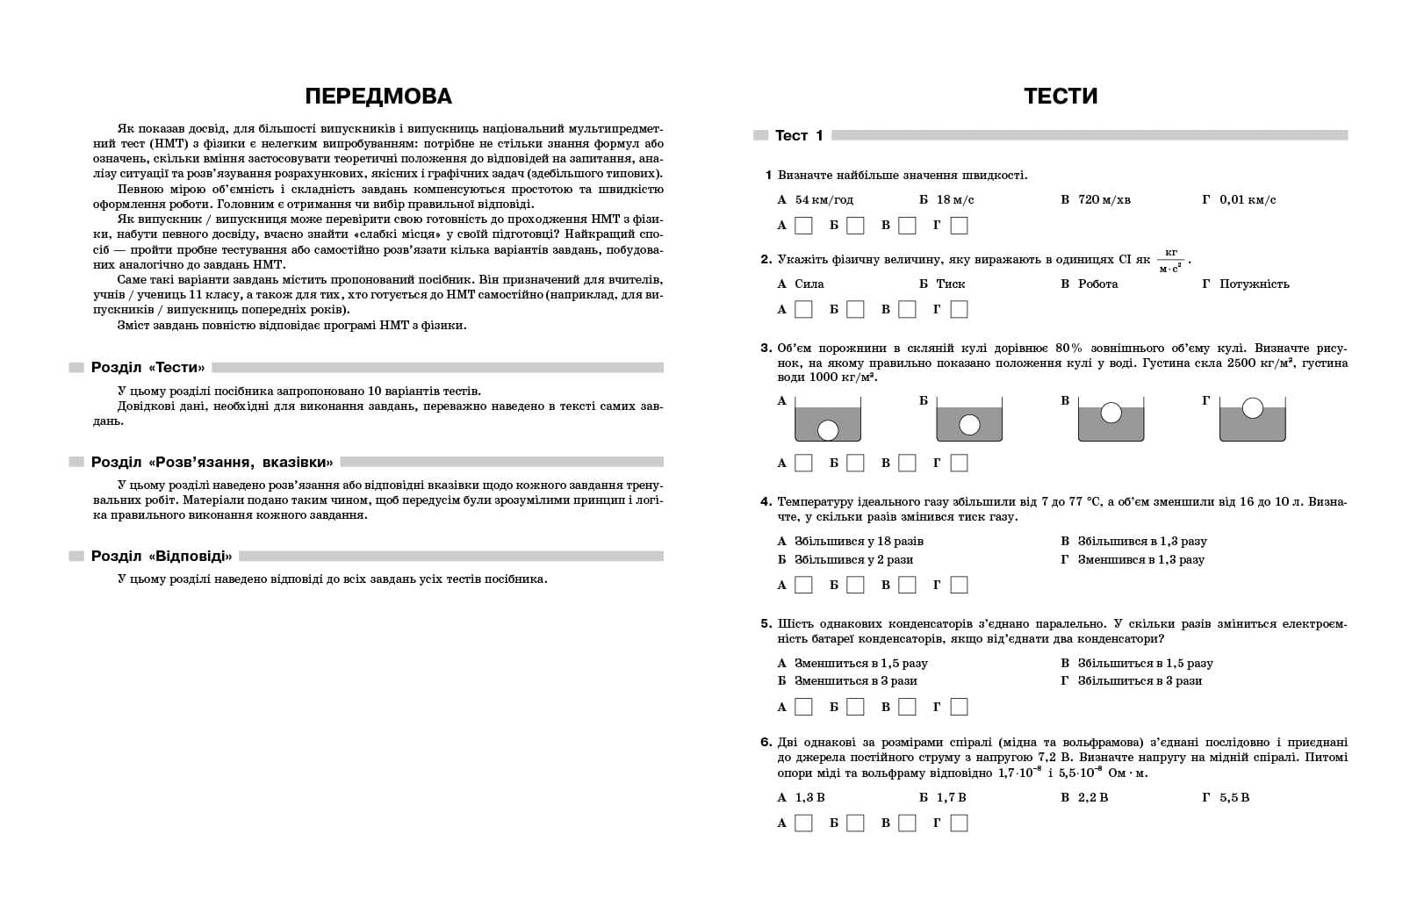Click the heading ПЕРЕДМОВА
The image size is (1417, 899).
pos(378,96)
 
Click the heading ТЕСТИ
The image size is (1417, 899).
pos(1061,96)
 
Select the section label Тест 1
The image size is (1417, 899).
pos(799,135)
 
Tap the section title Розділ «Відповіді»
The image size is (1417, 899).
pos(162,556)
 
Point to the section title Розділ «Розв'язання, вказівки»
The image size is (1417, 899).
pos(212,462)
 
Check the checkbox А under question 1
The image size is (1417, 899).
pos(803,226)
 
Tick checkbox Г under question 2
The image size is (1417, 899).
pos(959,309)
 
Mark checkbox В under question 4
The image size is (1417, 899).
pos(907,585)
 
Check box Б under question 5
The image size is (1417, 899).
pos(855,707)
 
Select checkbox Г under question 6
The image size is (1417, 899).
pos(959,823)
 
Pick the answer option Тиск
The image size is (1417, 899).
pos(951,284)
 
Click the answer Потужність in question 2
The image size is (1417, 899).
pos(1254,284)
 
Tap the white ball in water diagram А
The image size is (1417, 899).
pos(828,429)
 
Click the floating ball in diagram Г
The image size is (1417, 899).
pos(1253,408)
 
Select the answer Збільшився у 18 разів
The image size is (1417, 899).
pos(859,541)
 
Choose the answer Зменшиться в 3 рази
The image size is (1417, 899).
pos(855,680)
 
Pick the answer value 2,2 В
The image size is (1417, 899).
pos(1093,797)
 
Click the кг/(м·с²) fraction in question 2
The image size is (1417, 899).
pos(1170,261)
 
